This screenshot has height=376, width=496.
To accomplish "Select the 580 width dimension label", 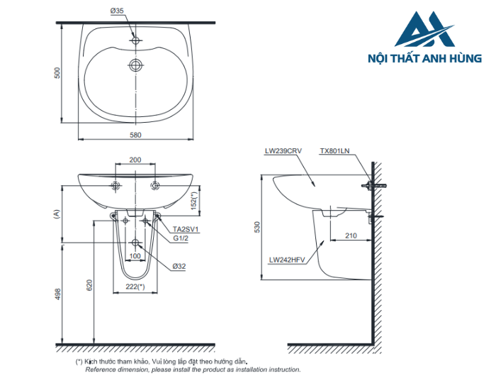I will click(135, 135).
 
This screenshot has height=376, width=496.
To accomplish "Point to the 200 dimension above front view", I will click(135, 160).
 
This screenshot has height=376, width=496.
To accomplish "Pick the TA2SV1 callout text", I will click(186, 230).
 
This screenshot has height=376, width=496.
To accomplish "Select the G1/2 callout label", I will click(182, 239).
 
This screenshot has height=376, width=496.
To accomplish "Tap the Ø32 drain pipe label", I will click(179, 266).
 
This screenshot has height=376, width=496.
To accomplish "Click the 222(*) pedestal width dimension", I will click(135, 286).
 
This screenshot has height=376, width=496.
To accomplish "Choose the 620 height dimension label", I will click(89, 284).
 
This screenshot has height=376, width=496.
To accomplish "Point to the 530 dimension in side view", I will click(258, 227).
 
